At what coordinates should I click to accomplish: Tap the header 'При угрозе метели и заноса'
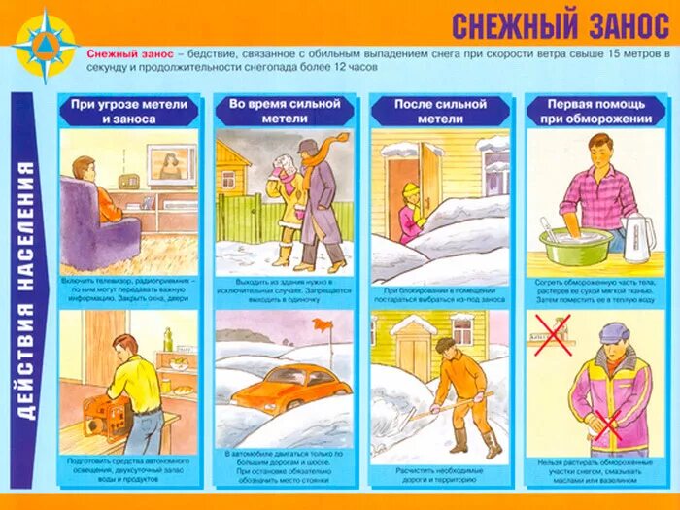tap(128, 111)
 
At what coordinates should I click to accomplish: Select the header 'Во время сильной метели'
tap(284, 111)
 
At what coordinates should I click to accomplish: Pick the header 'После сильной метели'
tap(439, 111)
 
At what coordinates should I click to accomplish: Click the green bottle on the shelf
tap(167, 339)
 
